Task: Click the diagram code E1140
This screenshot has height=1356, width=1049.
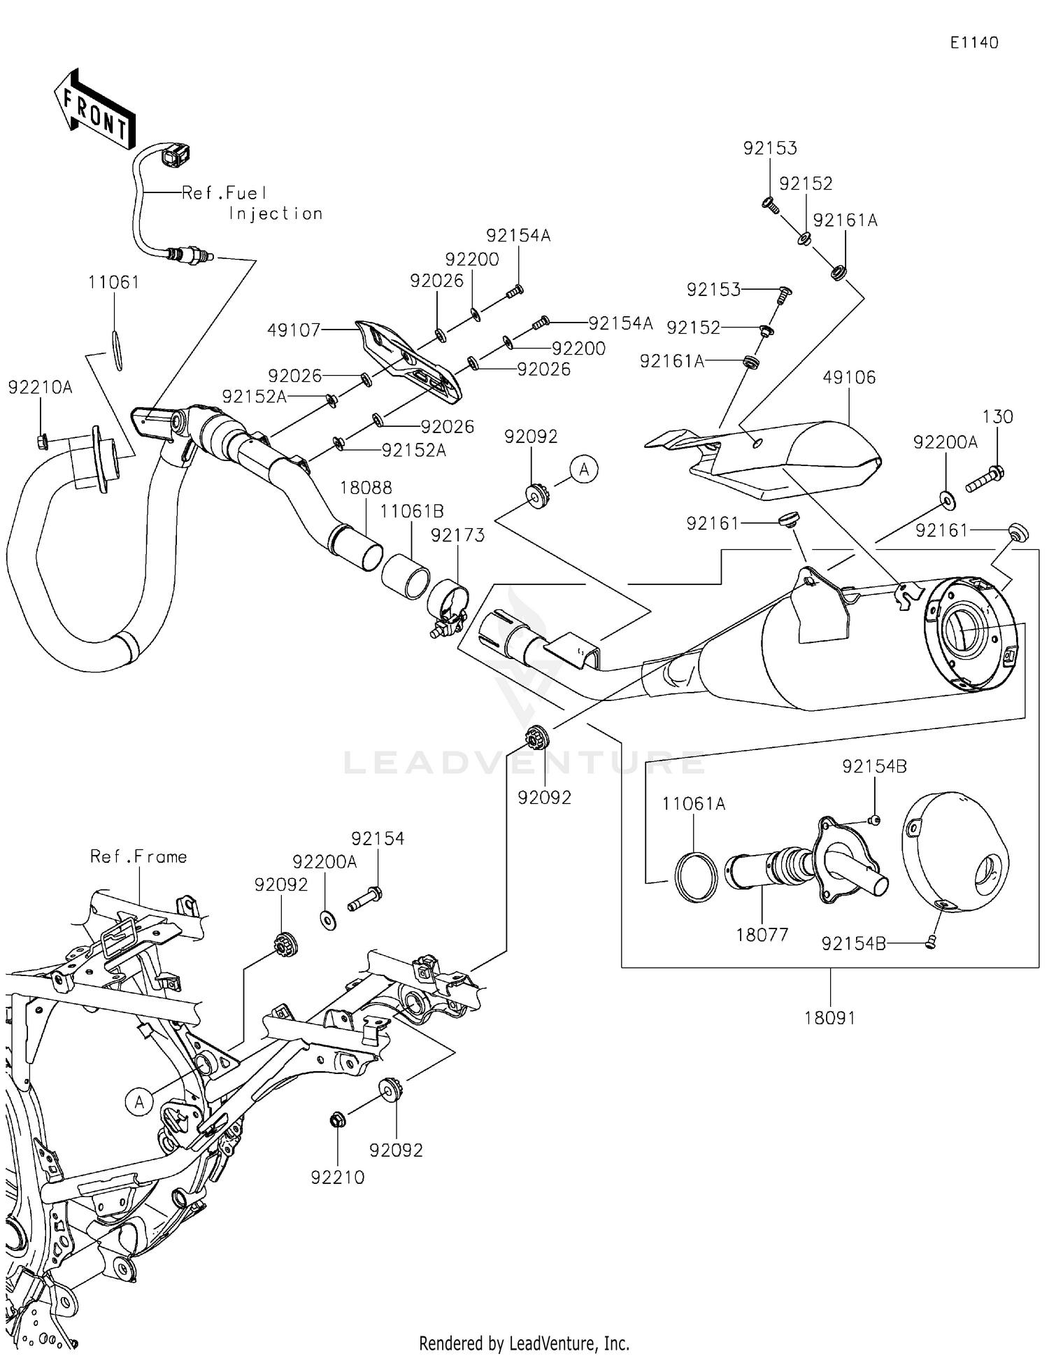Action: coord(973,43)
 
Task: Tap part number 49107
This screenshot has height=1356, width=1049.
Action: coord(294,330)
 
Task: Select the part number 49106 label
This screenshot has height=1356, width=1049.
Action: coord(849,378)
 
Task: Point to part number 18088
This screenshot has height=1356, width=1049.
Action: coord(366,488)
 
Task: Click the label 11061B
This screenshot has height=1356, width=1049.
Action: coord(412,511)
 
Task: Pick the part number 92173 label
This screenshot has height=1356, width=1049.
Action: coord(457,535)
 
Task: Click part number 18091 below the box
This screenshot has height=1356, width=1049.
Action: coord(829,1018)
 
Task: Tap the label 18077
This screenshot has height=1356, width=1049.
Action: coord(762,935)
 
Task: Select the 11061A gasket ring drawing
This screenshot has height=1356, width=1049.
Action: coord(696,877)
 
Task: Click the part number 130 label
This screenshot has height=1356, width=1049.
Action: coord(997,417)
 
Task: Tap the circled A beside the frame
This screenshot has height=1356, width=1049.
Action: coord(139,1102)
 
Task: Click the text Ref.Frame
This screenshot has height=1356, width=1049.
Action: coord(138,857)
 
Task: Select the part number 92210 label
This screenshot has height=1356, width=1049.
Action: coord(338,1178)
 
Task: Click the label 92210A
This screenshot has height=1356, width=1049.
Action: coord(40,388)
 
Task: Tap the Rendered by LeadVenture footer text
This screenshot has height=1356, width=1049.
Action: coord(524,1343)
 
